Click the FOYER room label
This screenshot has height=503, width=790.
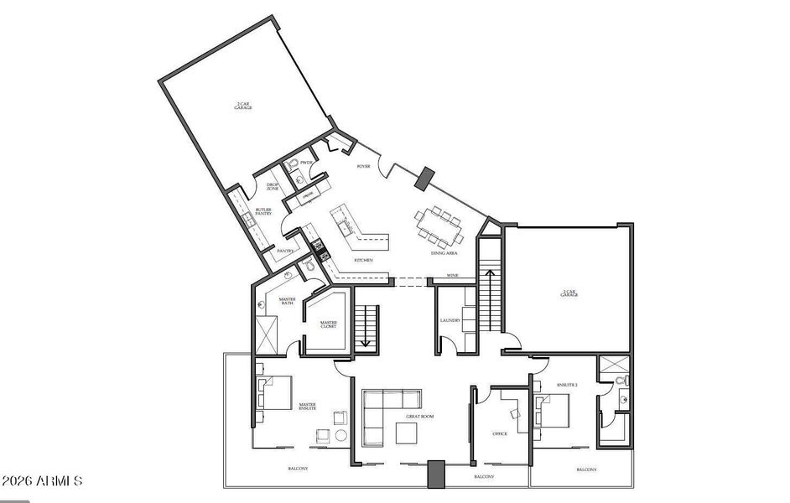point(364,167)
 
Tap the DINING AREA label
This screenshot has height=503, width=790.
point(444,252)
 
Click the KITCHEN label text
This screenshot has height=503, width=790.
point(363,261)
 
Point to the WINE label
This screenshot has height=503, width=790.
point(452,276)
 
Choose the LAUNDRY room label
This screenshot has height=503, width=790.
point(450,320)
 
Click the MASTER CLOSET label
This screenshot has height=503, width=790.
point(328,324)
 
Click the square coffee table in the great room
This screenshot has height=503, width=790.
point(407,433)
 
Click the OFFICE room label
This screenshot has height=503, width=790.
point(499,433)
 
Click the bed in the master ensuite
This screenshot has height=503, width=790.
point(274,393)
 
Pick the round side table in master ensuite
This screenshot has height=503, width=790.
point(341,436)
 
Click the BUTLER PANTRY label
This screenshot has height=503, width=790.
point(264,213)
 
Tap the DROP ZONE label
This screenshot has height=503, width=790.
point(273,187)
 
